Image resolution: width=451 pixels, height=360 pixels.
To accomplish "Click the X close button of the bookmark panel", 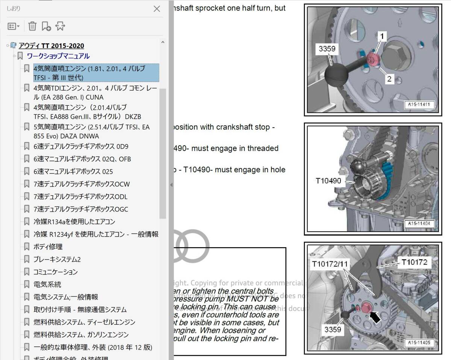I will click(157, 9).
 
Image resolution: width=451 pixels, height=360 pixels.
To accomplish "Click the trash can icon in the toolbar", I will click(33, 26).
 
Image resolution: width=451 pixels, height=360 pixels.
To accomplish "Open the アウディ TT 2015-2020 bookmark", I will click(51, 46).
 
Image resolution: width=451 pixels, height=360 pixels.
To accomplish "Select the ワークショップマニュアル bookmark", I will click(58, 56).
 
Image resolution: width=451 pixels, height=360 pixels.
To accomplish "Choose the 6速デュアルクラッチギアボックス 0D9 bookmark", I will click(80, 146).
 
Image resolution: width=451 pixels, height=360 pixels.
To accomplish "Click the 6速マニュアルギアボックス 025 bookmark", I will click(73, 172).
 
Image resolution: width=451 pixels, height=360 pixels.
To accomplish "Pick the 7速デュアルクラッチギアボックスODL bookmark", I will click(80, 197).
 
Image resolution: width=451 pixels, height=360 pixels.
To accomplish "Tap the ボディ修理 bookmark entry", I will click(48, 247).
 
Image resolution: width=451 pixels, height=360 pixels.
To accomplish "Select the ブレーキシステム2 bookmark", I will click(57, 260).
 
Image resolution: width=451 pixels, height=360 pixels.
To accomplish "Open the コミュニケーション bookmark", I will click(55, 272).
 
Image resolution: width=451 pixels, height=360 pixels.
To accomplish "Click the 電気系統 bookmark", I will click(47, 284).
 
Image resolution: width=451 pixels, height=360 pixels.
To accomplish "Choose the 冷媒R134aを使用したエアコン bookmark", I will click(74, 222).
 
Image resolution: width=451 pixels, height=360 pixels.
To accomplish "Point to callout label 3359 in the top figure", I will click(327, 49).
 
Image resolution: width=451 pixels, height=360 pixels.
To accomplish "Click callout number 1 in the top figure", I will click(382, 36).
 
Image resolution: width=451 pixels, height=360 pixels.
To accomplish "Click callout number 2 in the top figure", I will click(389, 79).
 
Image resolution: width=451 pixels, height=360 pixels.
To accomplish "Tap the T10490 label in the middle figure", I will click(328, 181).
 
